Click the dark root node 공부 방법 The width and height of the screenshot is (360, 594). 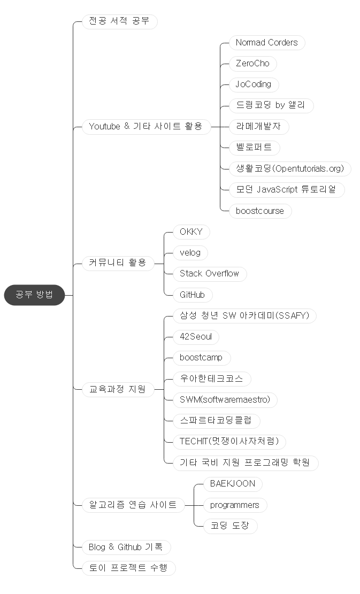pos(34,295)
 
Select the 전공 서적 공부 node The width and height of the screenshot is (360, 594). pos(119,22)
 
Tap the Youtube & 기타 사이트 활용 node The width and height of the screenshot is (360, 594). pos(145,127)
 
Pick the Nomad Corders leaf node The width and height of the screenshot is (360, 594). pos(266,43)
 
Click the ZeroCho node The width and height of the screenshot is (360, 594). pos(252,64)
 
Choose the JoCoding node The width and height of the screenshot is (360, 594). pos(254,84)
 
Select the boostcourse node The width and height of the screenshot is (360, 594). pos(260,211)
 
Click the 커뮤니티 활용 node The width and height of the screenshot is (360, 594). pos(117,263)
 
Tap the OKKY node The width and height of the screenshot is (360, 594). pos(191,232)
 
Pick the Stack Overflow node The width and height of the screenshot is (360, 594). pos(209,274)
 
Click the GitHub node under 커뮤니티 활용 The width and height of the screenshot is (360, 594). pos(192,295)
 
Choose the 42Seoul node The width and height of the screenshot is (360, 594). pos(196,337)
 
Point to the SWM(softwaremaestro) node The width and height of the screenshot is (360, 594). pos(225,399)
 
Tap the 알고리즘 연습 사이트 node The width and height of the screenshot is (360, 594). pos(133,505)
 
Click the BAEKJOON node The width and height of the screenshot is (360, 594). pos(232,484)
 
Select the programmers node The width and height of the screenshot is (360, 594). pos(234,505)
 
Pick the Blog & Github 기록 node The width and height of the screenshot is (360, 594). pos(126,547)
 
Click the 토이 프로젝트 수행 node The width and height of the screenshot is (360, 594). pos(128,568)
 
